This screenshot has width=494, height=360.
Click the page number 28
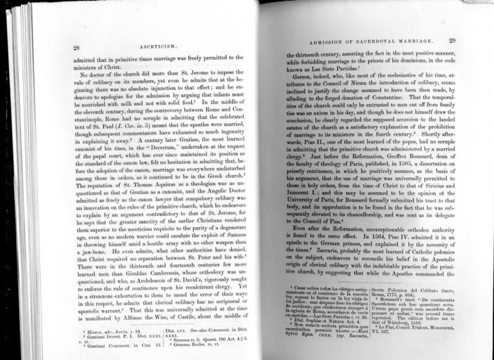click(76, 47)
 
